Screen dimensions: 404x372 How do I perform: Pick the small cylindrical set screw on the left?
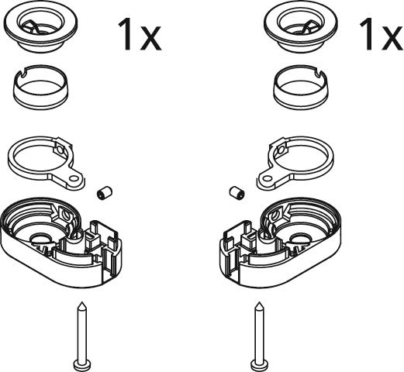105,192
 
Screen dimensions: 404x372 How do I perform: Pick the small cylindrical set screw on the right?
237,192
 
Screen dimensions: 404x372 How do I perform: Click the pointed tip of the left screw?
82,302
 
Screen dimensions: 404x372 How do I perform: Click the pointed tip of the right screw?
259,302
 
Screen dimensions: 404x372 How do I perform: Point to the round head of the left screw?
82,365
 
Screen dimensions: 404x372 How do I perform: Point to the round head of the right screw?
259,365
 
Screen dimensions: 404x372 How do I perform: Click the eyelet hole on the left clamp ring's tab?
74,177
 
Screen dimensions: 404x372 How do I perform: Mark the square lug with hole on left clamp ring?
61,150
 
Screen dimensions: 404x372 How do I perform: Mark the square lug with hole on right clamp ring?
281,150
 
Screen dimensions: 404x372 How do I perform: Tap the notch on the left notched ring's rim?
22,73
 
